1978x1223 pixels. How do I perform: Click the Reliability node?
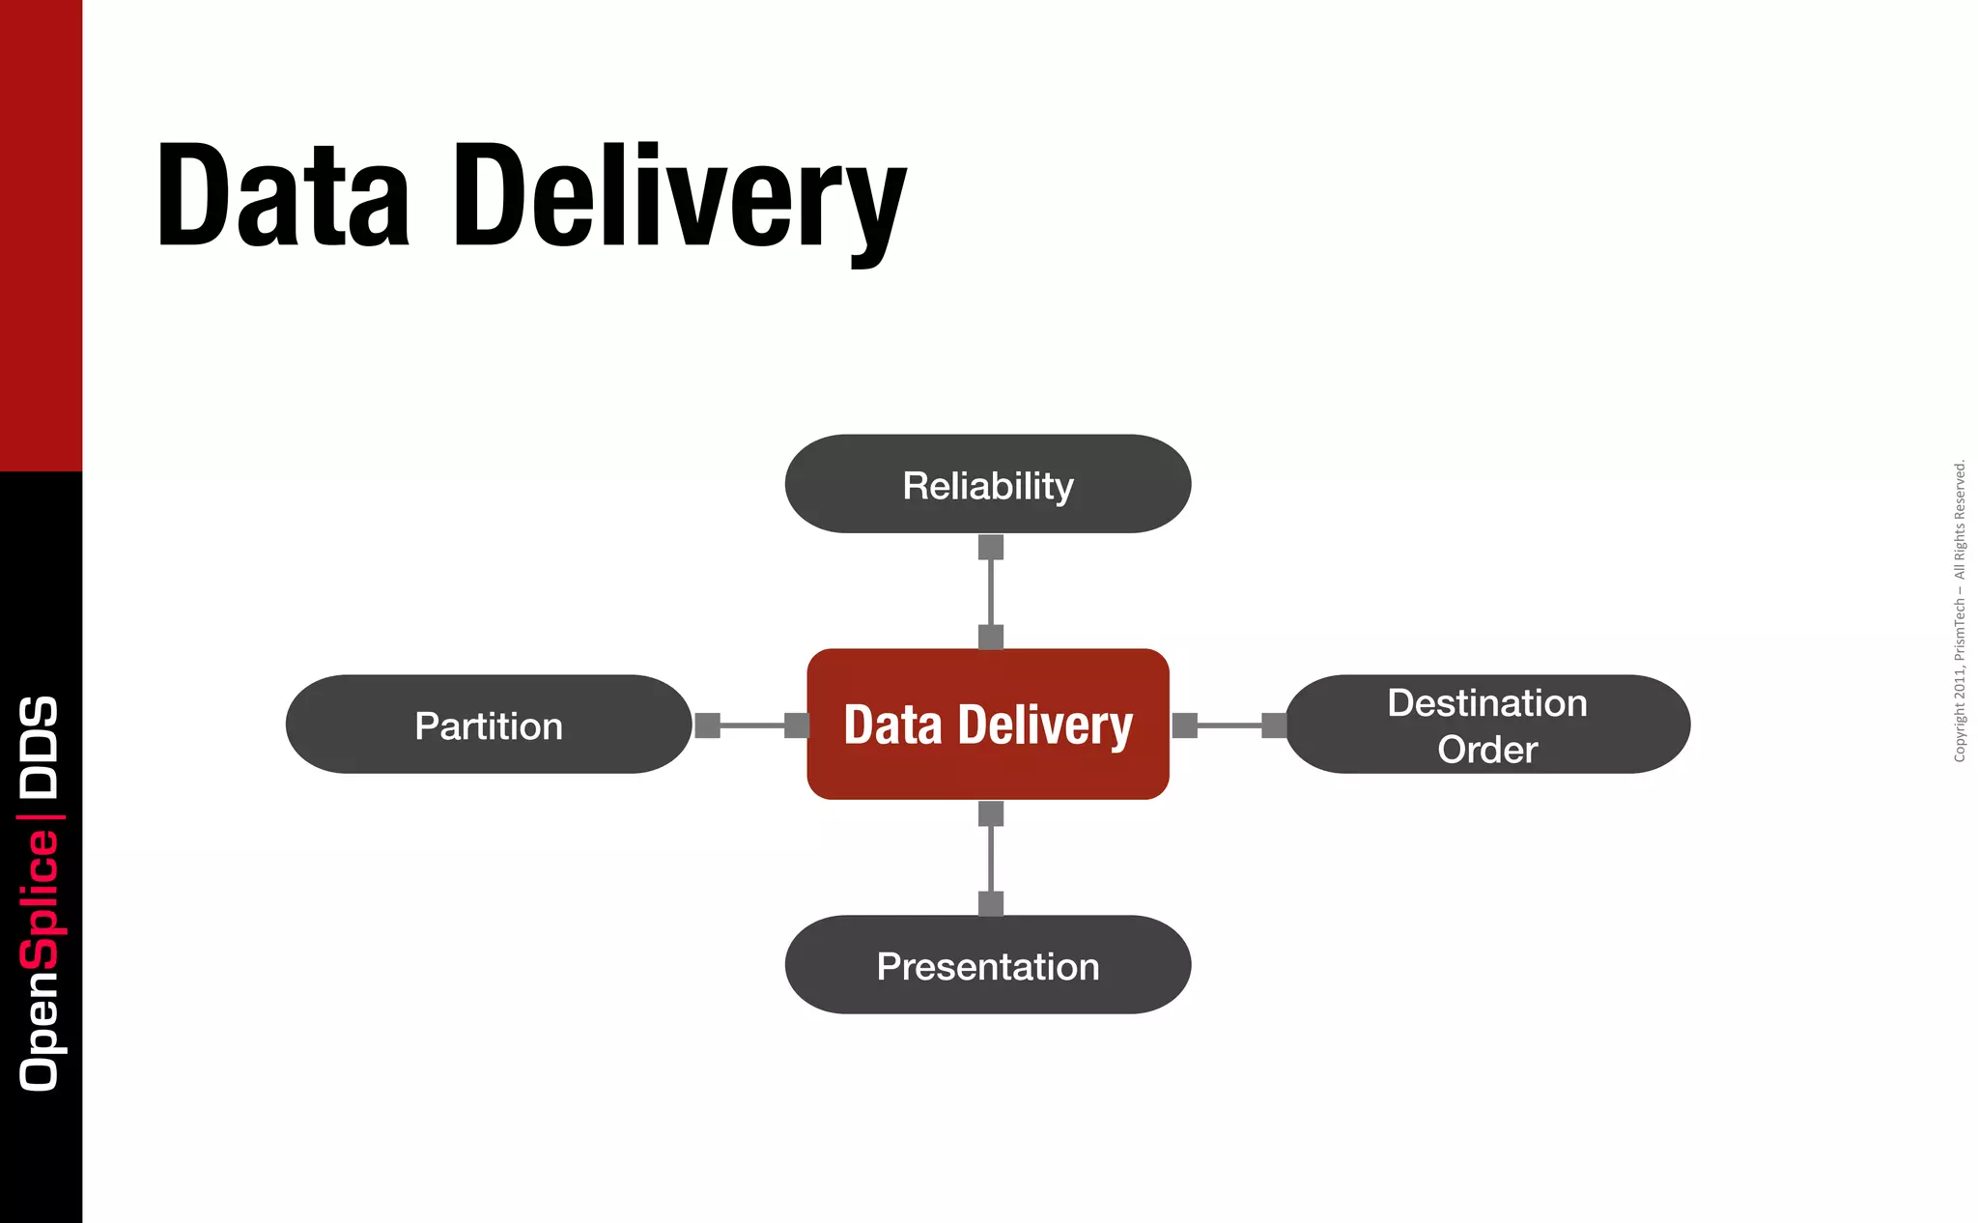tap(987, 484)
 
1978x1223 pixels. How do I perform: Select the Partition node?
tap(489, 725)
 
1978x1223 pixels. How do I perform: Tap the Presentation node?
tap(987, 965)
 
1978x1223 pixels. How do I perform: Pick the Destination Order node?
tap(1487, 725)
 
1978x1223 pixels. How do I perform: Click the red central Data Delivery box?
tap(987, 725)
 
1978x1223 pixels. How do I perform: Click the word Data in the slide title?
tap(283, 195)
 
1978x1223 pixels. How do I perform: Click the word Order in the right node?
tap(1487, 750)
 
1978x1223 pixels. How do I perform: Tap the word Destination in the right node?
tap(1487, 702)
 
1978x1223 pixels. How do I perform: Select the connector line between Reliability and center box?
tap(991, 592)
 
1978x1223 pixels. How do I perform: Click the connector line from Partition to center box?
tap(752, 725)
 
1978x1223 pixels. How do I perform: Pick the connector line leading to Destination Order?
tap(1229, 725)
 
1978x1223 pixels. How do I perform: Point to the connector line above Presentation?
tap(991, 859)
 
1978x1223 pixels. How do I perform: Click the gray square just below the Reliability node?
tap(991, 547)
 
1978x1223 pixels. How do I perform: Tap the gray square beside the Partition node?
tap(708, 725)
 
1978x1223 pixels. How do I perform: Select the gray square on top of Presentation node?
tap(991, 903)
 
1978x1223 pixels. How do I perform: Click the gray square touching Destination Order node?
tap(1274, 725)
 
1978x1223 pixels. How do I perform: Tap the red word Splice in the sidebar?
tap(40, 898)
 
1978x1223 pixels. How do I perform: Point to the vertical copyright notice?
tap(1960, 611)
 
